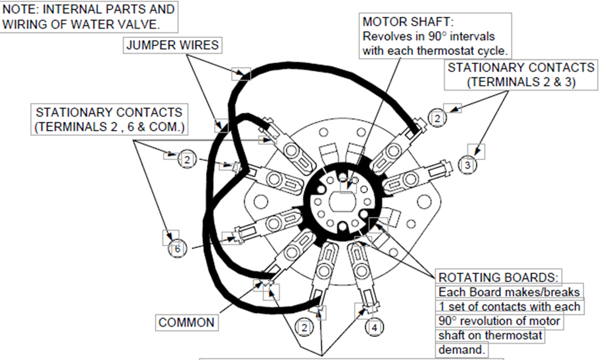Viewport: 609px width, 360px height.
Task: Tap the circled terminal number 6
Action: [177, 249]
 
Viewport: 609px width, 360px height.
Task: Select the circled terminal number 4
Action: [373, 326]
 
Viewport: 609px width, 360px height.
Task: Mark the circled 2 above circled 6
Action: [187, 160]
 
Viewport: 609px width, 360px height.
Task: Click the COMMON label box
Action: [186, 322]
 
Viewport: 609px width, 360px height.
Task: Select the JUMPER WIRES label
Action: [172, 45]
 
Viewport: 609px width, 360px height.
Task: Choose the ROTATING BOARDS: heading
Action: [498, 277]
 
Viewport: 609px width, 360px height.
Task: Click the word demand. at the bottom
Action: [461, 349]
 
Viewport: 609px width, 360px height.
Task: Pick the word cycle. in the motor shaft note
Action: [492, 50]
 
